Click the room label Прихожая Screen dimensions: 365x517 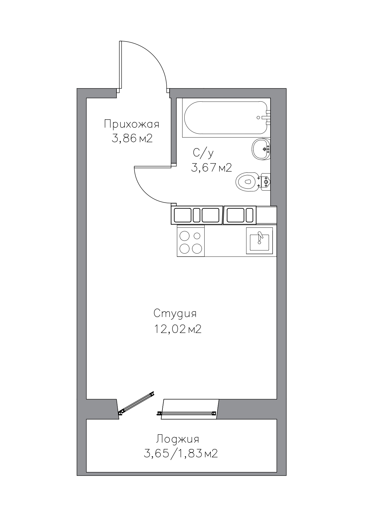[132, 124]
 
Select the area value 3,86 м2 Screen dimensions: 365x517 [132, 138]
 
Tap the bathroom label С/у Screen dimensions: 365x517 [203, 153]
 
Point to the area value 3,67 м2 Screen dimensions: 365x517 [211, 168]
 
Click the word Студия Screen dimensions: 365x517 [175, 313]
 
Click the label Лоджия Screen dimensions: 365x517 [177, 439]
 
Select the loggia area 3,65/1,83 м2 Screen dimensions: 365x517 [181, 453]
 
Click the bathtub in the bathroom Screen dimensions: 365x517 [226, 118]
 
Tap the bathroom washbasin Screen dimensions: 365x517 [261, 149]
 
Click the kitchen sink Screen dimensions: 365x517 [259, 240]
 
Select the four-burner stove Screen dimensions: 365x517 [191, 241]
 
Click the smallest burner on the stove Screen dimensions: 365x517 [197, 236]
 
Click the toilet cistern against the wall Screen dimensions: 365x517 [266, 182]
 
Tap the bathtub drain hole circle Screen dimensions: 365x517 [258, 118]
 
